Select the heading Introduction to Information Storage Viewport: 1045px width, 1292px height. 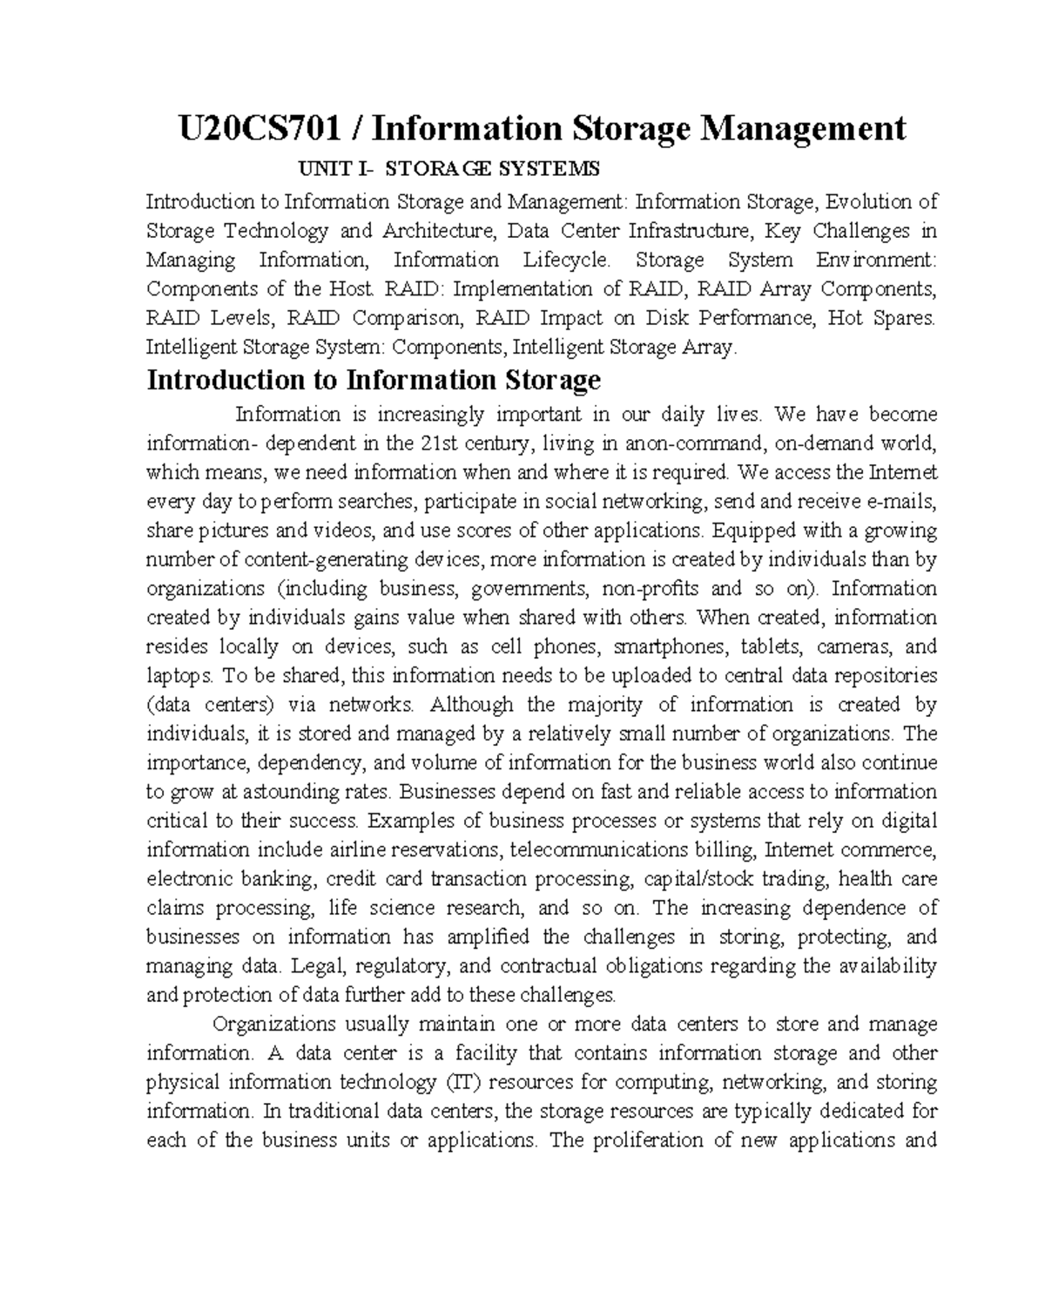374,381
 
